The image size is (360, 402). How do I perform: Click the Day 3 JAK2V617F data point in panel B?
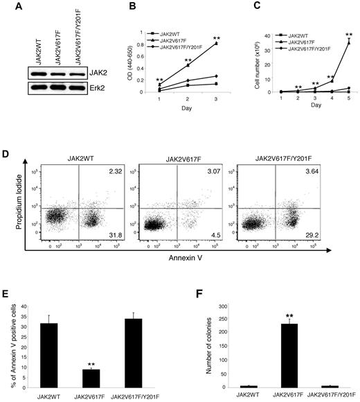click(217, 43)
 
